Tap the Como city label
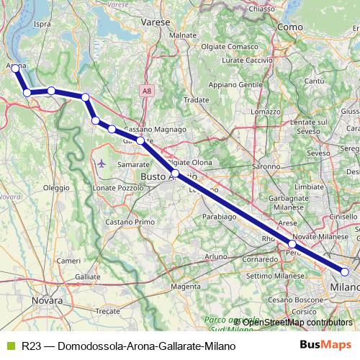[289, 26]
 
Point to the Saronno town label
[266, 166]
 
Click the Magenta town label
[186, 286]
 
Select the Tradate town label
[196, 100]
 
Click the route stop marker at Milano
[345, 271]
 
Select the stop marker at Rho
[292, 244]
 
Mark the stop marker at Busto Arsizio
[175, 173]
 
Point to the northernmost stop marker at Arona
[16, 68]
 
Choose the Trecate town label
[108, 310]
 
